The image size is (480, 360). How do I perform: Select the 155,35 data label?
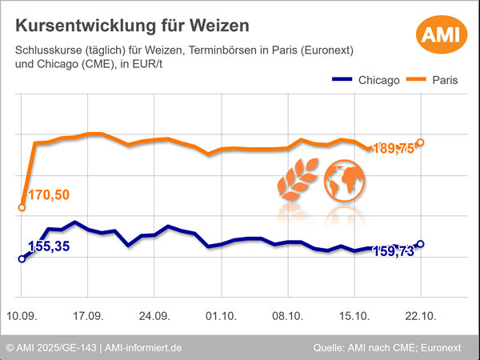(49, 246)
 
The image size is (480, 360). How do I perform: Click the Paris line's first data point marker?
(22, 208)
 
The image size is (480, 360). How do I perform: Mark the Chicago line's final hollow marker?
(421, 244)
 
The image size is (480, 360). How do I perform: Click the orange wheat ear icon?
(298, 182)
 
